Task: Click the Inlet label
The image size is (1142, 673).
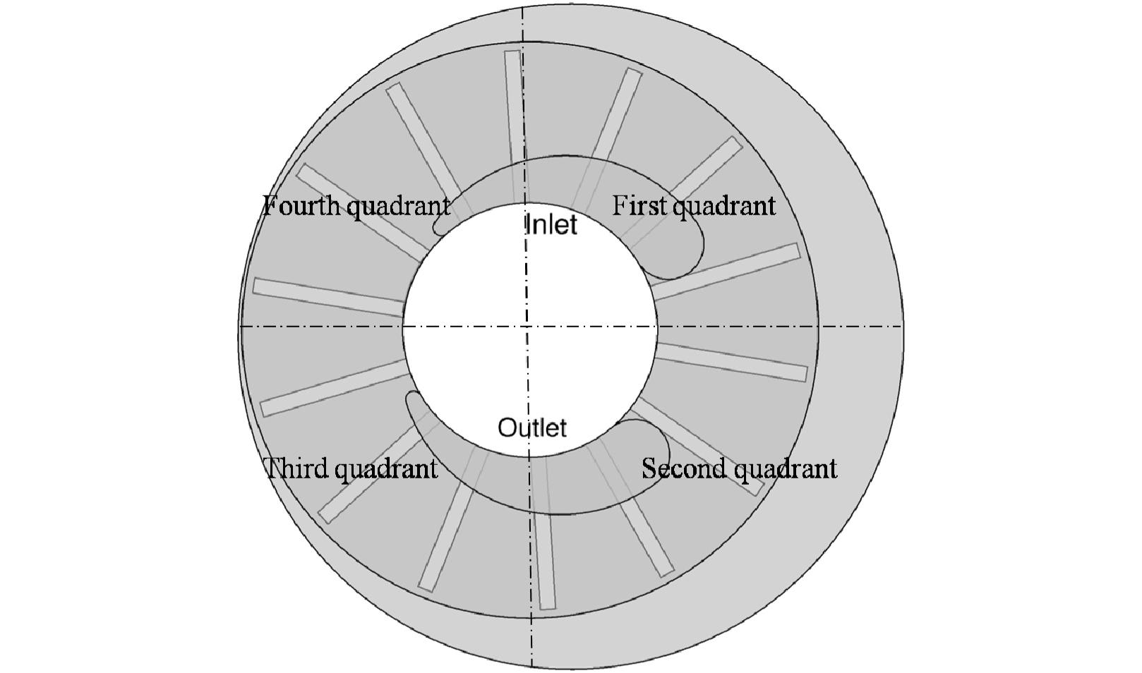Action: tap(551, 225)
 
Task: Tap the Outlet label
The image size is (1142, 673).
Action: tap(532, 428)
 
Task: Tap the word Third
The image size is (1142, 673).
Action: tap(292, 468)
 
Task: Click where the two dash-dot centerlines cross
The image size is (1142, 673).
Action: tap(526, 326)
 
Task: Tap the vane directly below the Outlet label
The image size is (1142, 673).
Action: tap(543, 557)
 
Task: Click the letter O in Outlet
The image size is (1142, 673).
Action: tap(507, 428)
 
